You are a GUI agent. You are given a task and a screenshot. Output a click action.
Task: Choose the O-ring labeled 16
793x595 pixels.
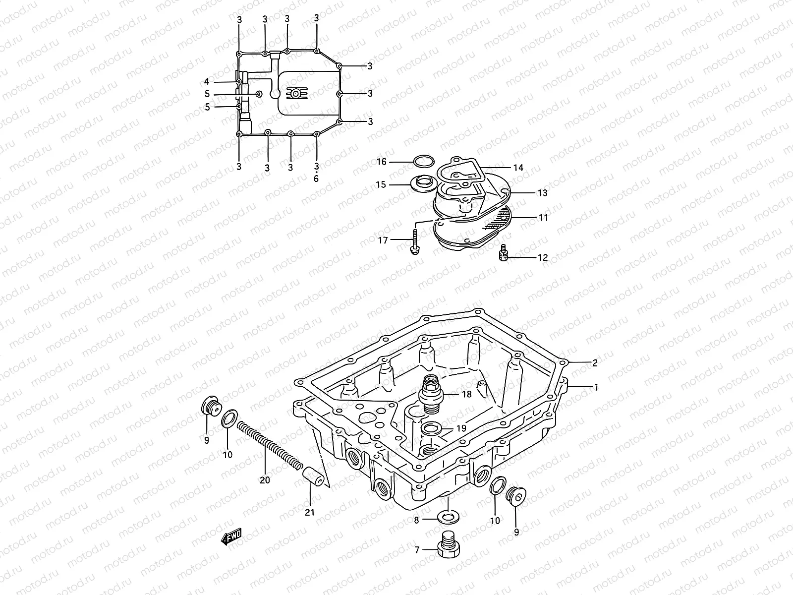click(x=423, y=161)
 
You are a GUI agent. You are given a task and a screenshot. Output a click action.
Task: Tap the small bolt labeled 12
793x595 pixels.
click(x=503, y=253)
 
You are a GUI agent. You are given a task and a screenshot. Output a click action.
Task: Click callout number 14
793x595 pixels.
click(x=518, y=168)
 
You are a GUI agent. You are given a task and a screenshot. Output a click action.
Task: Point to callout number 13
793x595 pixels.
click(x=542, y=192)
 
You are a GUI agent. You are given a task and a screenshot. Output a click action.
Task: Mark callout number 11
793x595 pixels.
click(x=543, y=217)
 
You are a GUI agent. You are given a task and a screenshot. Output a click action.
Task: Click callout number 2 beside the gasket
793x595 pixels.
click(x=595, y=362)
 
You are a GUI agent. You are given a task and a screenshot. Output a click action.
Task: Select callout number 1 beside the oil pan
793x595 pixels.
click(x=596, y=387)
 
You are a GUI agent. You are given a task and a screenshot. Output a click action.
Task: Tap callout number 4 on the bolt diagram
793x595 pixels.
click(x=207, y=81)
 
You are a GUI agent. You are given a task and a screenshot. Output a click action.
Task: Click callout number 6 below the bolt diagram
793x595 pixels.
click(x=316, y=179)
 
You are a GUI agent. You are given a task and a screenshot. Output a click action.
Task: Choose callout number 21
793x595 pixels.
click(x=310, y=513)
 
